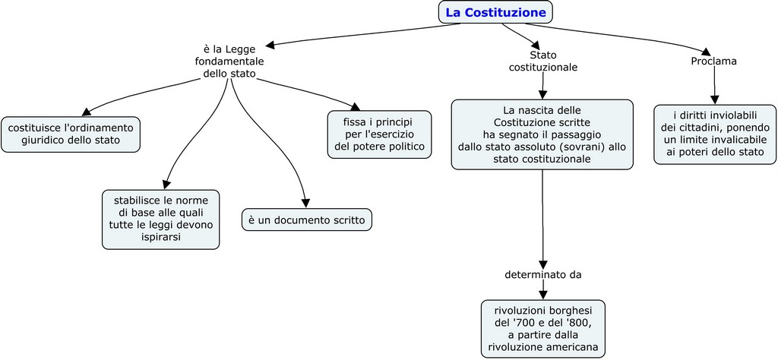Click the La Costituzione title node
[x=495, y=12]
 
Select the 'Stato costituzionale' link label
[x=542, y=61]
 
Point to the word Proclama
[x=713, y=61]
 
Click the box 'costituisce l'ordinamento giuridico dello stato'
[x=71, y=134]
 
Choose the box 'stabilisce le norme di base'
[x=160, y=219]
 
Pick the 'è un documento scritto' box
[x=307, y=220]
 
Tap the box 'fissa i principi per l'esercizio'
[x=379, y=134]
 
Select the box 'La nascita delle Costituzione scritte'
[x=542, y=134]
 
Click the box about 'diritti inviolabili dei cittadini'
[x=714, y=134]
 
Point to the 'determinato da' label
[x=542, y=274]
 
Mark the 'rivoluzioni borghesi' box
[x=543, y=329]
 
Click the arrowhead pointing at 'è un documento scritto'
[x=305, y=203]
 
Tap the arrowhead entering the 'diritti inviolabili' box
[x=714, y=99]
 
